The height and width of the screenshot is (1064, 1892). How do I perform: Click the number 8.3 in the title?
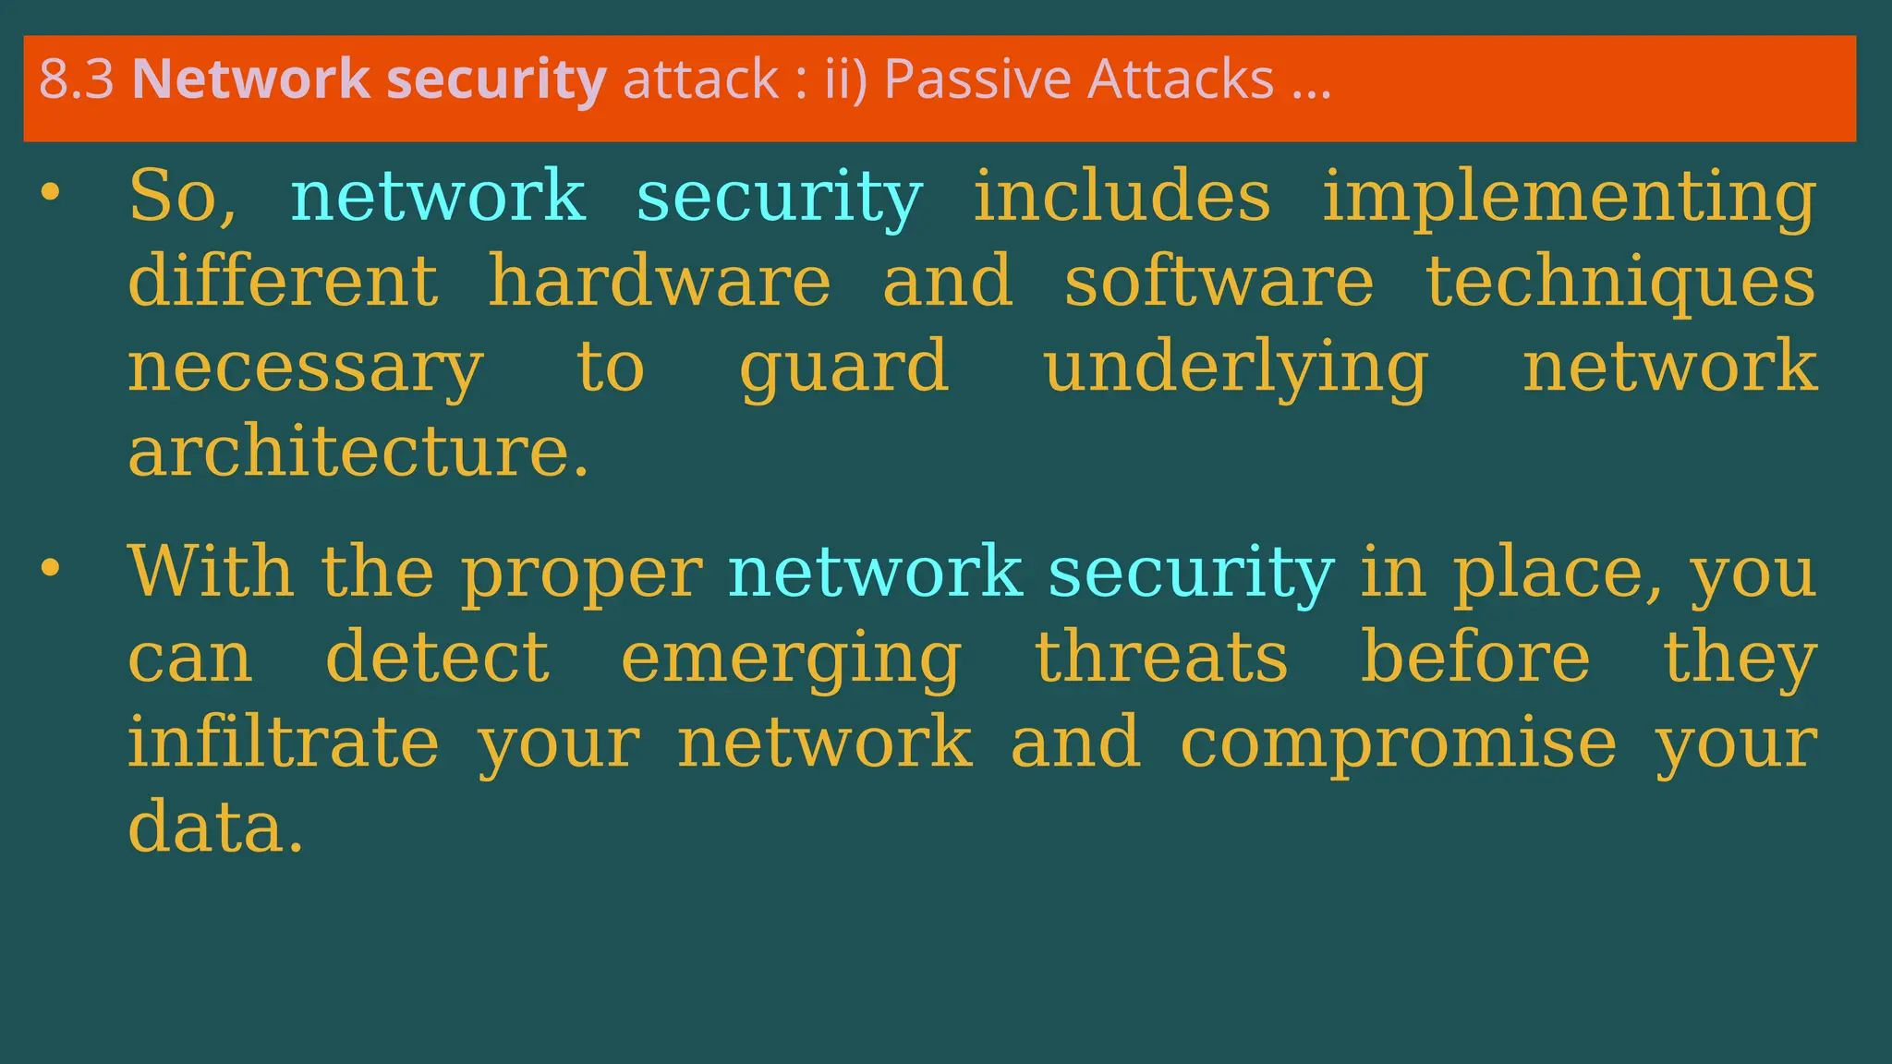76,79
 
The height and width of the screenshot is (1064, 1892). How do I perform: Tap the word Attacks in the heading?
1181,79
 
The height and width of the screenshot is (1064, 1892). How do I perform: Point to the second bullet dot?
50,569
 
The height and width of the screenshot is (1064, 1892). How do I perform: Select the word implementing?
1569,198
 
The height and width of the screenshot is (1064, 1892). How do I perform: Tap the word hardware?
659,281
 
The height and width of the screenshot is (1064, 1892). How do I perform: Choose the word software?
1219,281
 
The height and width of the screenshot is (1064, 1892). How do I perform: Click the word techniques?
1620,283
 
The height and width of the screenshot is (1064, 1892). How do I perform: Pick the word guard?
843,368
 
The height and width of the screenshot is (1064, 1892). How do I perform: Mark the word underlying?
1235,368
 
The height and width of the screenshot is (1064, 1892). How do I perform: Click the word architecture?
358,452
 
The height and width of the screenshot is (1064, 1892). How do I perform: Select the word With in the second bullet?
211,572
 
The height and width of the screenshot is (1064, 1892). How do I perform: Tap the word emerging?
791,659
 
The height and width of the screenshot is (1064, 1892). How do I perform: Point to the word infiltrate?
283,743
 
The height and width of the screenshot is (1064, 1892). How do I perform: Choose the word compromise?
1398,744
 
